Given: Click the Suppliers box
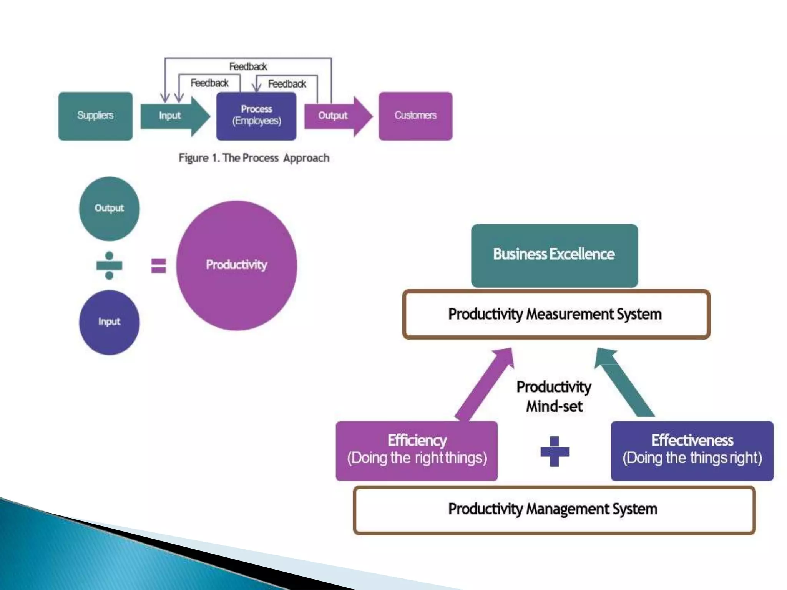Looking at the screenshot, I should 95,116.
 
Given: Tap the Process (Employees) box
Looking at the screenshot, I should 256,116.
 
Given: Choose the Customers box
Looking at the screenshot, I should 415,116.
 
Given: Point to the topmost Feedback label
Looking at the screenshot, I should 248,66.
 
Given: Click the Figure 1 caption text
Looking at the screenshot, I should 254,158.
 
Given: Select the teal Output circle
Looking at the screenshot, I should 109,209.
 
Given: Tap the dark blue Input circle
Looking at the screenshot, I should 109,322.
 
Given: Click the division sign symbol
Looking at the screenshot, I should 109,265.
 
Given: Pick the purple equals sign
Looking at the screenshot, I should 158,265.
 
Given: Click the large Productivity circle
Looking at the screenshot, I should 237,265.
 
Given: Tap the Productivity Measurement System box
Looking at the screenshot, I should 556,314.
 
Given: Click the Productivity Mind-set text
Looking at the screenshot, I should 554,396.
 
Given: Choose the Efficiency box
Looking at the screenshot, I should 417,451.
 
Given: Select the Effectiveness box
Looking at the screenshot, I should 692,451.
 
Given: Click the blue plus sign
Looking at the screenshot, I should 555,451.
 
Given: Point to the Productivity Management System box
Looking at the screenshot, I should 554,510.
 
